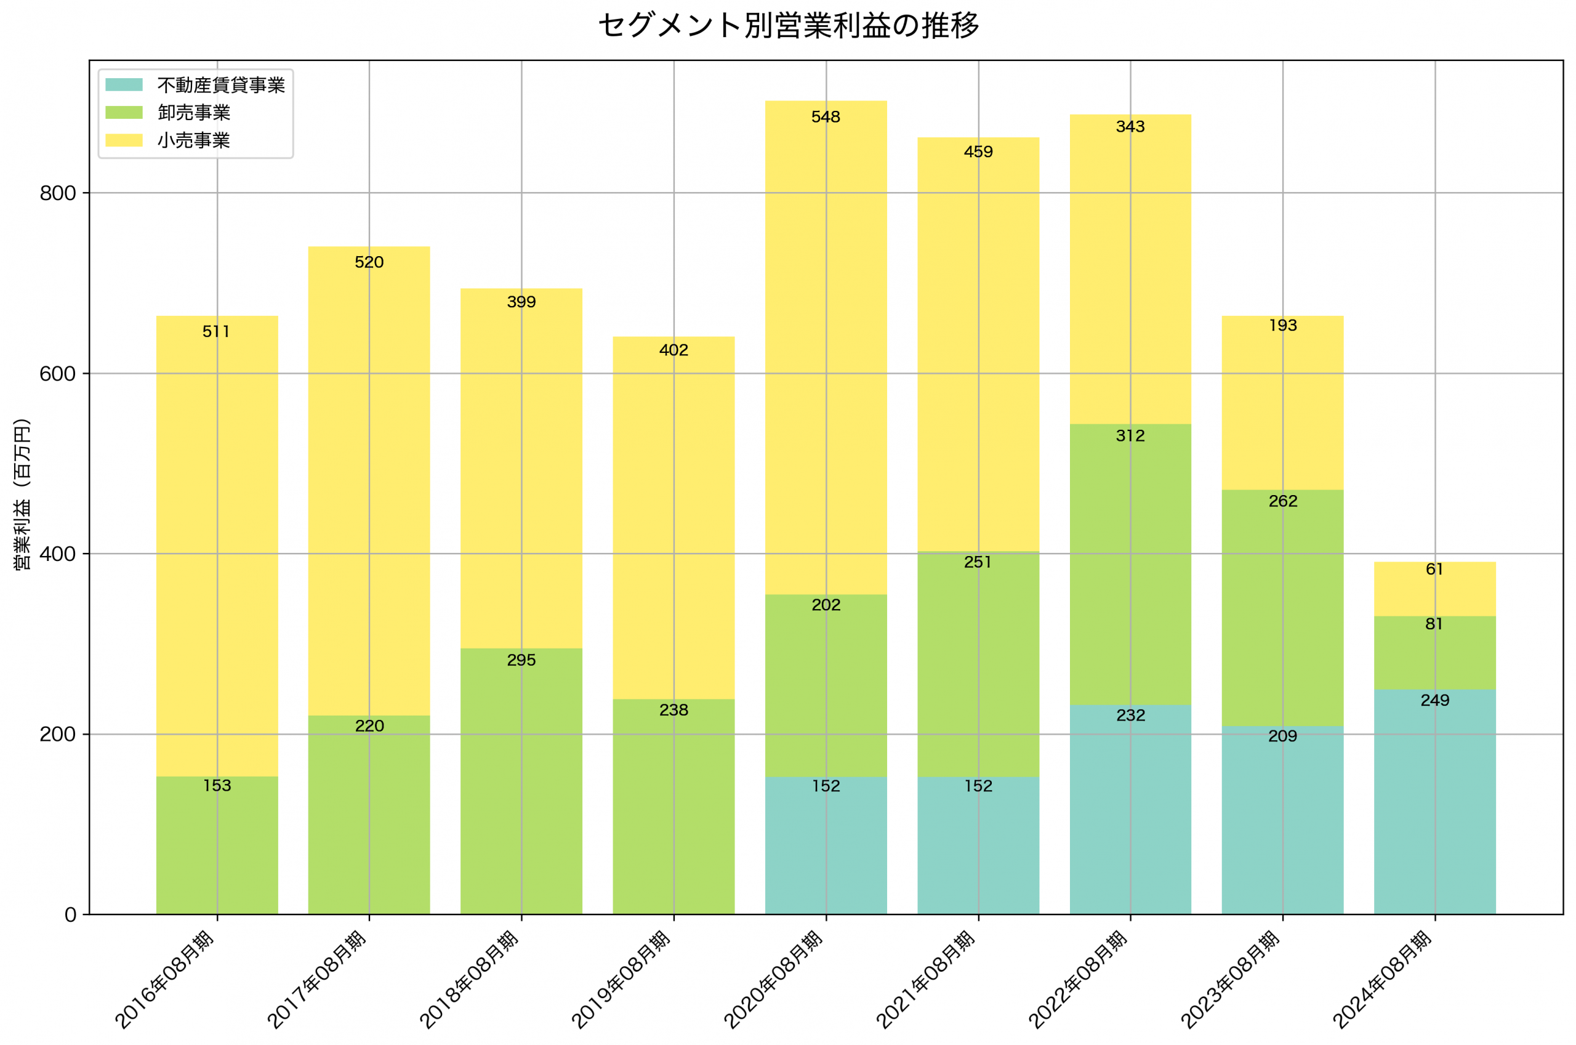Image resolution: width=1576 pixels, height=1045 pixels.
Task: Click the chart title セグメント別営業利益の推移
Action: point(788,26)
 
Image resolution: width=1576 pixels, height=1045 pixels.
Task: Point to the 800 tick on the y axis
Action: point(58,193)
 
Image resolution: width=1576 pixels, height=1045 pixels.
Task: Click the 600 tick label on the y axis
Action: point(58,374)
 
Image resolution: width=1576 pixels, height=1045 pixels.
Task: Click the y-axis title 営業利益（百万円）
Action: point(22,494)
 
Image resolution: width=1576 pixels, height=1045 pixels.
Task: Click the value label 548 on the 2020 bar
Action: point(826,117)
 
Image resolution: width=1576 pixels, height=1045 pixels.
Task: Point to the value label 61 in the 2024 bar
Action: point(1434,569)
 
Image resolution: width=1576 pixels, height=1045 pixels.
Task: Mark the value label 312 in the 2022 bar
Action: point(1130,436)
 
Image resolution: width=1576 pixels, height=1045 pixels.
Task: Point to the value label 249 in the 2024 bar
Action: point(1434,700)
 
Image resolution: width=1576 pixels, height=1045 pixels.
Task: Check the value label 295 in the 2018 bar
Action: point(521,661)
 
